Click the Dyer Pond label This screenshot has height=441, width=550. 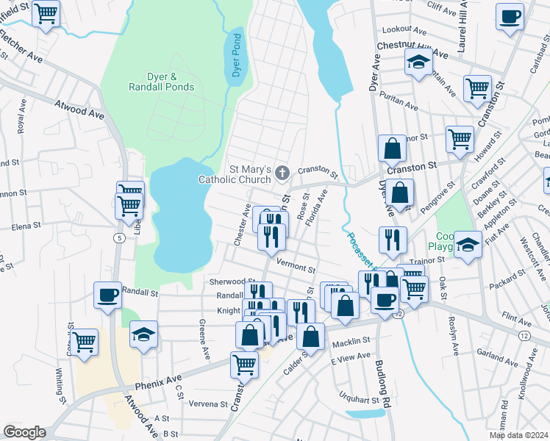237,55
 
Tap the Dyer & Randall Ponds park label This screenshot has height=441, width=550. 160,82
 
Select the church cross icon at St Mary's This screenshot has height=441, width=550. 283,173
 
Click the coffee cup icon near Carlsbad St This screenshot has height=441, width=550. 509,16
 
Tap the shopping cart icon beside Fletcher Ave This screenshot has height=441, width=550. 46,13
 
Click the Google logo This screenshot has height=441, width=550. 24,431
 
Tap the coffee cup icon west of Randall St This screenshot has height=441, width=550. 107,295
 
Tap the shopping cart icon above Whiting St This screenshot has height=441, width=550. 85,340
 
